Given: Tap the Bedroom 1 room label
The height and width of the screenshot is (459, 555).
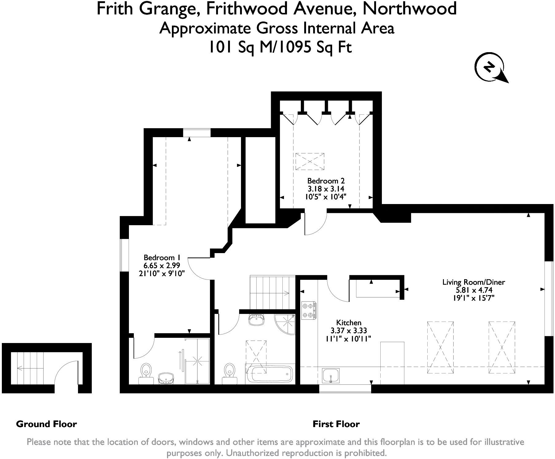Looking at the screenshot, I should point(162,257).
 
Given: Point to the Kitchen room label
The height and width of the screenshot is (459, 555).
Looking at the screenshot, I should point(349,322).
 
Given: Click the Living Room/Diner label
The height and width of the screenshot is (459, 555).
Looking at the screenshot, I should point(473,282).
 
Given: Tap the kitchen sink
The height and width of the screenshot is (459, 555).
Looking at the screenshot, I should point(331,376).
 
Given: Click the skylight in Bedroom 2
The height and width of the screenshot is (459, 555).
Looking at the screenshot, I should point(310,161).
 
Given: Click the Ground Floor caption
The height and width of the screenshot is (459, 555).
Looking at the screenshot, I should point(46,424).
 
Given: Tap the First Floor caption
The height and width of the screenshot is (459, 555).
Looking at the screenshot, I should point(336,424).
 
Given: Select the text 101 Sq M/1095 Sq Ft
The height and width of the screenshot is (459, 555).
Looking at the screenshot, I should point(280,48).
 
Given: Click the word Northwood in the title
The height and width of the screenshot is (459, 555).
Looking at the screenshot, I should point(409,9).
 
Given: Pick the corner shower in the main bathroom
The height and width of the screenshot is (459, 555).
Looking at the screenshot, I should point(285,324).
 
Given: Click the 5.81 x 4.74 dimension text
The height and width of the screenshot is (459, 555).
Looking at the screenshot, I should point(473,290).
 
